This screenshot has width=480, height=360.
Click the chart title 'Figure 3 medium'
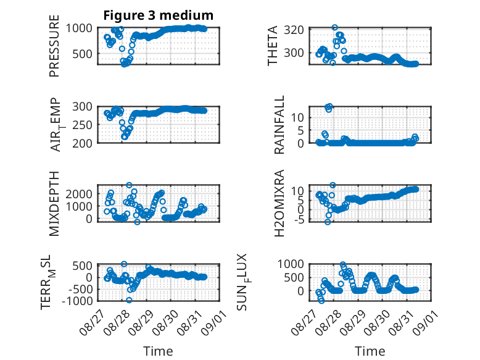(x=159, y=15)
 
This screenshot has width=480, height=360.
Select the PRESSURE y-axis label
(x=54, y=46)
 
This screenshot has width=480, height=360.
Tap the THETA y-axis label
(x=272, y=46)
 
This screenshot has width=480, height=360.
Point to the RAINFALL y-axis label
(x=279, y=125)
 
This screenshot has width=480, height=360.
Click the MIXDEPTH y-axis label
(x=54, y=204)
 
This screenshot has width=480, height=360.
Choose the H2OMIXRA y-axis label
(x=279, y=203)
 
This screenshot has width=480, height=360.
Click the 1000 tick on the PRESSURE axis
(x=79, y=28)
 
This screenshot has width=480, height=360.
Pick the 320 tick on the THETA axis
(x=294, y=30)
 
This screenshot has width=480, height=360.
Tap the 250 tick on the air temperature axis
(x=82, y=125)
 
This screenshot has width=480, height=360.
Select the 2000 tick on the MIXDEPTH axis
(x=79, y=194)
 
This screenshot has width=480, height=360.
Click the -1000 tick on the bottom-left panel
(x=77, y=301)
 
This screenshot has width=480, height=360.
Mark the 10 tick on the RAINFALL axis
(x=297, y=117)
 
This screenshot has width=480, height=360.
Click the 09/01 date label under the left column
(x=213, y=322)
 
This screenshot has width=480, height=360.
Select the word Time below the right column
(x=370, y=351)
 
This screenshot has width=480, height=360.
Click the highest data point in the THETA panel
(x=334, y=28)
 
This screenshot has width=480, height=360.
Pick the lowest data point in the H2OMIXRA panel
(x=328, y=222)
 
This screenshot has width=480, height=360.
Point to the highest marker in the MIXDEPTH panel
(x=129, y=185)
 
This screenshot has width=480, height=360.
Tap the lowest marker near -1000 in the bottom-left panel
(x=129, y=300)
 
